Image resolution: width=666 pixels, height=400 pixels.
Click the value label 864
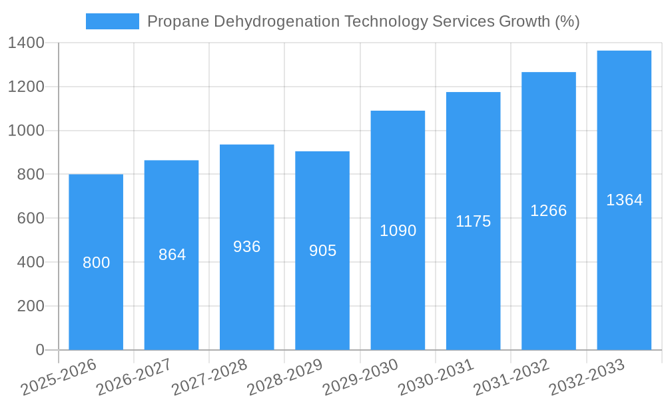click(172, 255)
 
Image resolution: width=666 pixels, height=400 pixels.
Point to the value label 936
click(247, 247)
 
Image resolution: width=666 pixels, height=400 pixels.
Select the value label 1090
click(398, 231)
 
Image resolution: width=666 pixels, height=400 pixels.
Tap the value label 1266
click(548, 211)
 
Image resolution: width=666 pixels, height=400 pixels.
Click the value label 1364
click(624, 200)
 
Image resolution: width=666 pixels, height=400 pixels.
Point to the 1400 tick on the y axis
click(26, 43)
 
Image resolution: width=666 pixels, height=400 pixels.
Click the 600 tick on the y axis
click(31, 219)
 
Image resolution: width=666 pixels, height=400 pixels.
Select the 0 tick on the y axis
click(40, 350)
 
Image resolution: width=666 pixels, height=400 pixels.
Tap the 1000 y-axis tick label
click(26, 131)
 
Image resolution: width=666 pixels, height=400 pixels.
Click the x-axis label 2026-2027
click(134, 377)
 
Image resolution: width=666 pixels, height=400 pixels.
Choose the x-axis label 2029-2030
click(360, 377)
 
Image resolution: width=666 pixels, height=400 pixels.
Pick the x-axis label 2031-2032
click(511, 377)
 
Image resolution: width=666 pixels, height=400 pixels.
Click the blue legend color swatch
click(112, 21)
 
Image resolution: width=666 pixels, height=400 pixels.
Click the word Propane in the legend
click(177, 21)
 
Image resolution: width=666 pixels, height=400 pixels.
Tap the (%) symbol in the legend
click(567, 21)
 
